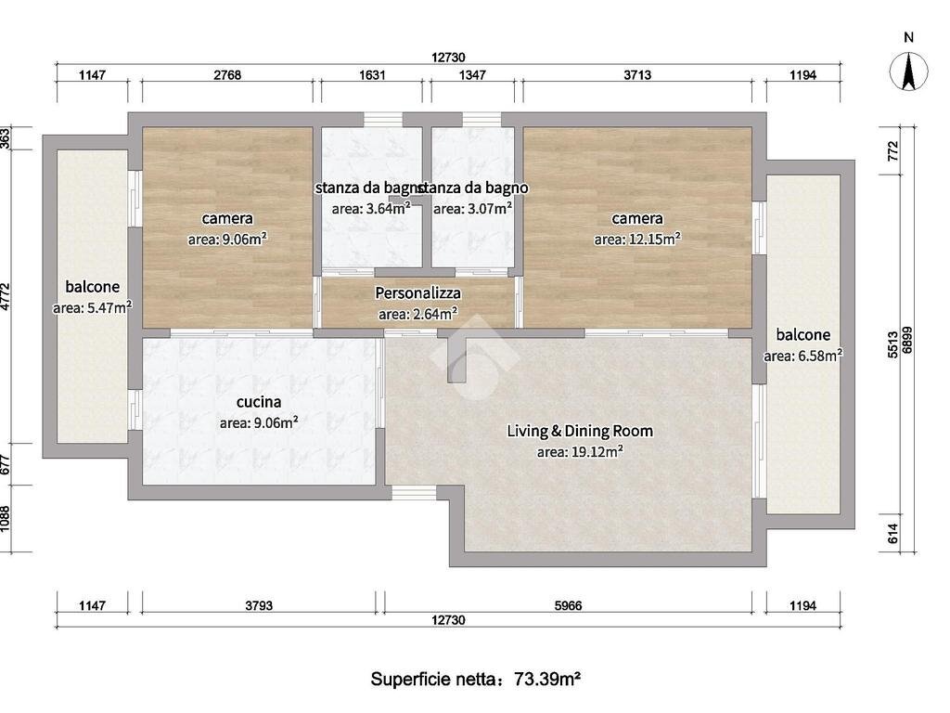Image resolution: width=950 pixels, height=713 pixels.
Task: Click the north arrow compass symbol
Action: pos(908,71)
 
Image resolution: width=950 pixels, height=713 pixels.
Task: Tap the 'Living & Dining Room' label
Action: pos(580,431)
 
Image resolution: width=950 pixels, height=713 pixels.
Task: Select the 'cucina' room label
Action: pos(259,401)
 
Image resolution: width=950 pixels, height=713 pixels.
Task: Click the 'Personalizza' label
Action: pos(418,292)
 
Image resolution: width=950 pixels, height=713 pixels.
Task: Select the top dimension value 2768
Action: pos(227,74)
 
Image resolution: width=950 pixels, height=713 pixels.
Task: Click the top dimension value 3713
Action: pos(637,74)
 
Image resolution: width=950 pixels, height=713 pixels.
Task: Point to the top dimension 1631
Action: pos(372,74)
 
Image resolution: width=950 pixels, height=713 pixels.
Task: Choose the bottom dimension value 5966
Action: pos(569,605)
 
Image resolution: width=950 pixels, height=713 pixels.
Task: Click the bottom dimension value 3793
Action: pos(259,605)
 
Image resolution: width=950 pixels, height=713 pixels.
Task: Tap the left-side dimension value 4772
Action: pos(6,296)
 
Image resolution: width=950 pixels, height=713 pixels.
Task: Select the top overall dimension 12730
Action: pos(448,58)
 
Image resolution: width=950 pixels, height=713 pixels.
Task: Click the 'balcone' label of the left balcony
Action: pos(92,286)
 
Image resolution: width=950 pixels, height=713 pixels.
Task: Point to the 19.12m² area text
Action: pos(580,452)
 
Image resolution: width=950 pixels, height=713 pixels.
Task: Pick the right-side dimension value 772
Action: pos(892,151)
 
